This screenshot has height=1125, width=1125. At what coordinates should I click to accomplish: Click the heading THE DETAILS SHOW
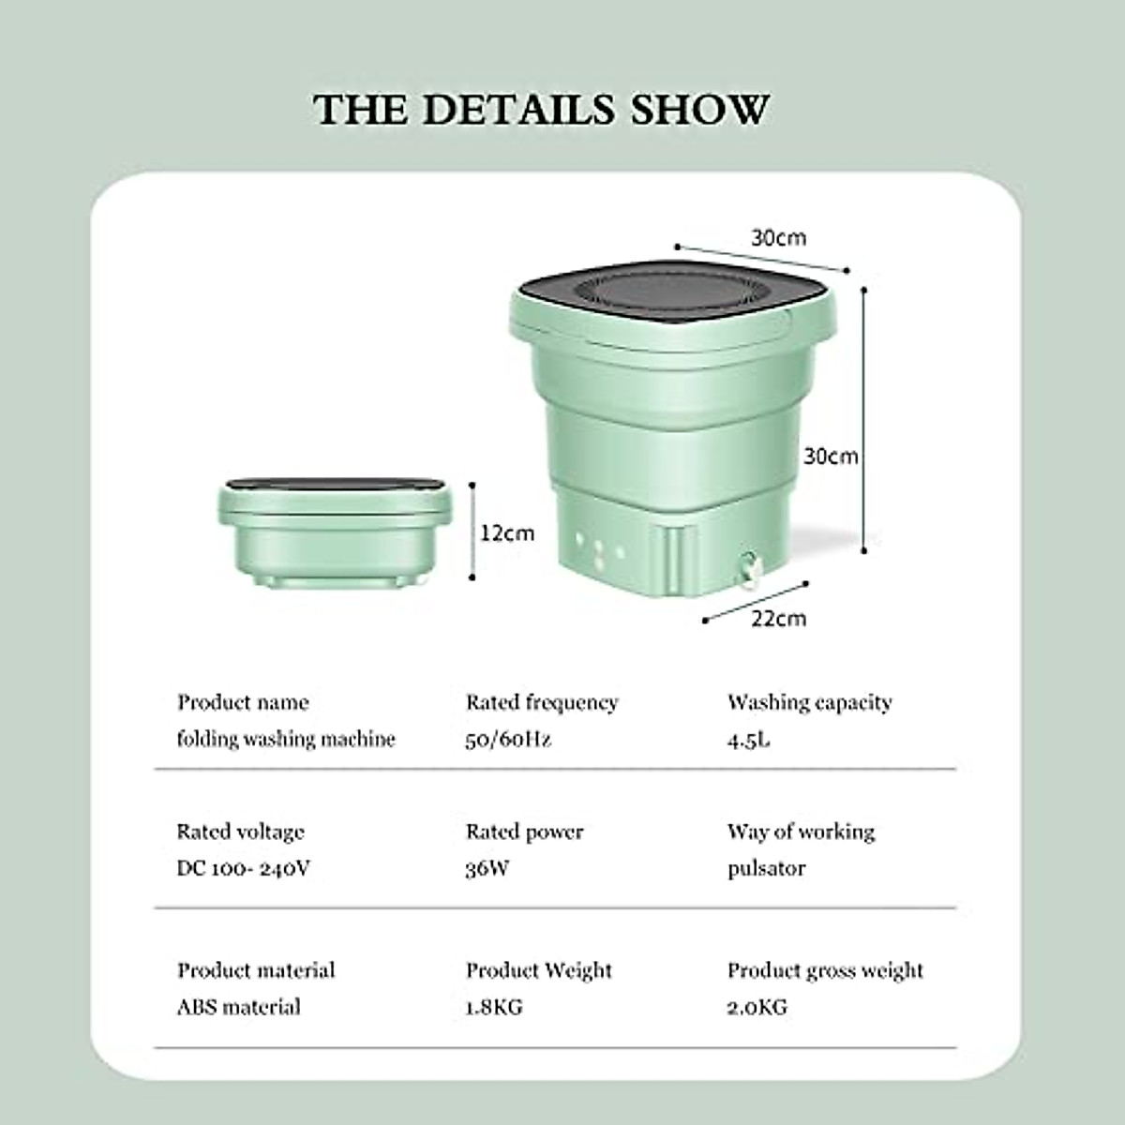click(x=542, y=110)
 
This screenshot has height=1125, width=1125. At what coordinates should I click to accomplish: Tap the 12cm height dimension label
click(x=507, y=533)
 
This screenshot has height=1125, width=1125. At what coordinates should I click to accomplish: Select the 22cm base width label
click(x=778, y=619)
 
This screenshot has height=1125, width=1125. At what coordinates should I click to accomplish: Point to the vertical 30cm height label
click(x=831, y=457)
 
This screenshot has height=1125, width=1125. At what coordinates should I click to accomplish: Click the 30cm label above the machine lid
click(x=778, y=238)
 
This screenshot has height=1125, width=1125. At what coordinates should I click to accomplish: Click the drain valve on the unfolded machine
click(x=748, y=568)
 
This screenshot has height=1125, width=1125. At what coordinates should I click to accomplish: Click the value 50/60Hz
click(x=508, y=739)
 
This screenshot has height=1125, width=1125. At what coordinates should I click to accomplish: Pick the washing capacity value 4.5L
click(x=748, y=739)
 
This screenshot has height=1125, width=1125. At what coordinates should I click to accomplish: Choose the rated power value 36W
click(x=487, y=868)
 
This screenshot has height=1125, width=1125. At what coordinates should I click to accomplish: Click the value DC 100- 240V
click(x=243, y=868)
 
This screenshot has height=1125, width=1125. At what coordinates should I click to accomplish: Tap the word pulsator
click(x=766, y=868)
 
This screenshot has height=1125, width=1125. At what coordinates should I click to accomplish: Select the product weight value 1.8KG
click(x=494, y=1007)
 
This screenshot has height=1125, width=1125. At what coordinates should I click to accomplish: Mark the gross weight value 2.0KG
click(x=757, y=1007)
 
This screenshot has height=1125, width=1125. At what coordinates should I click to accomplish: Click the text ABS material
click(x=239, y=1007)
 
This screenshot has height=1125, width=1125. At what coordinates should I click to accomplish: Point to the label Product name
click(x=243, y=702)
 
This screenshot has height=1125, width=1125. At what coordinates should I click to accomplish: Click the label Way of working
click(x=801, y=832)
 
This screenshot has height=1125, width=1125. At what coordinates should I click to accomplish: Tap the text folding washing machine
click(x=286, y=739)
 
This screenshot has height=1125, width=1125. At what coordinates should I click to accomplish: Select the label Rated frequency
click(x=542, y=702)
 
